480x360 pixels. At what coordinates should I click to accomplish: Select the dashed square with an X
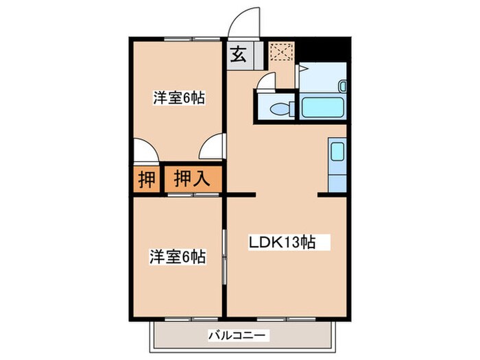(280, 53)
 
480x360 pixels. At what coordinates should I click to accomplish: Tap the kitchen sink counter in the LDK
(337, 165)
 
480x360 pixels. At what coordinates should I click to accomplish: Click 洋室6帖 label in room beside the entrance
(178, 97)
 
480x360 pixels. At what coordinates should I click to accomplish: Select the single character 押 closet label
(146, 180)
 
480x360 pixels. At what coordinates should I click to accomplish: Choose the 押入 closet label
(191, 180)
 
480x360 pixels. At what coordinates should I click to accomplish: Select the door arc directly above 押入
(213, 147)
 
